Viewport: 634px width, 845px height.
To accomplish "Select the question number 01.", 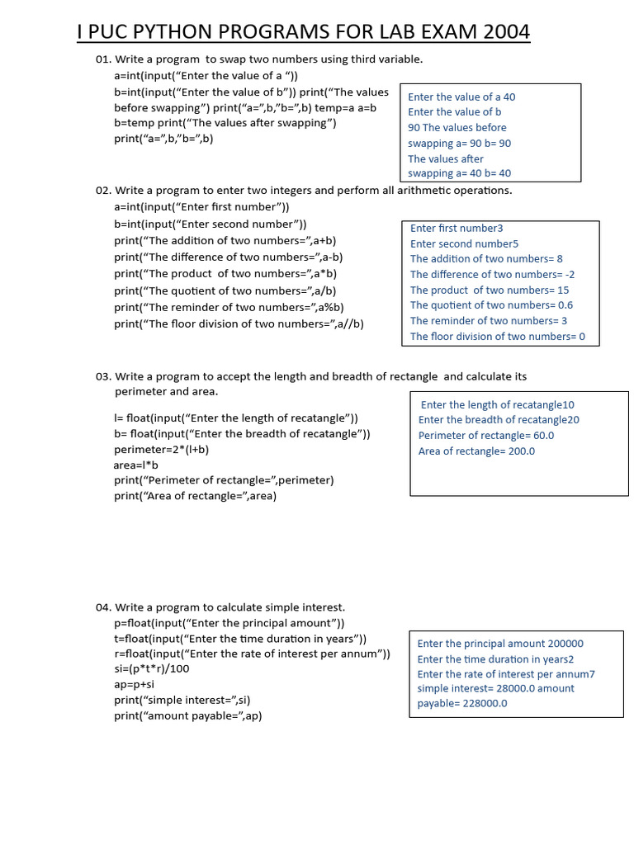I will pyautogui.click(x=103, y=59).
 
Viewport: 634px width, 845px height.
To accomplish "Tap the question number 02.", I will pyautogui.click(x=103, y=191).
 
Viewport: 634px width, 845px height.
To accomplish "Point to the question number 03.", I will pyautogui.click(x=103, y=376).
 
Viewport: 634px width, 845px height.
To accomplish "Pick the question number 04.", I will pyautogui.click(x=103, y=607).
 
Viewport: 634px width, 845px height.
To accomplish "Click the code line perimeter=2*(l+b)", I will pyautogui.click(x=162, y=449).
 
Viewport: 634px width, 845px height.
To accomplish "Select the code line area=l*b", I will pyautogui.click(x=135, y=465).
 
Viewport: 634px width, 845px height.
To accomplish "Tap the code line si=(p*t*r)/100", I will pyautogui.click(x=152, y=668).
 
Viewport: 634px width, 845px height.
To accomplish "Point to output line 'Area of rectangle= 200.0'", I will pyautogui.click(x=476, y=451).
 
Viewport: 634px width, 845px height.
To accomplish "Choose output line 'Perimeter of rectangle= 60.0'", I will pyautogui.click(x=486, y=435).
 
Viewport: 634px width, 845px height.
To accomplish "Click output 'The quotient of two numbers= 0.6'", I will pyautogui.click(x=491, y=305).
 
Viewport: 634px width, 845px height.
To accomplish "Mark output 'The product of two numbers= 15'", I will pyautogui.click(x=490, y=290).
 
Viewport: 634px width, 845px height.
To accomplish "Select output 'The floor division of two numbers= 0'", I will pyautogui.click(x=497, y=336).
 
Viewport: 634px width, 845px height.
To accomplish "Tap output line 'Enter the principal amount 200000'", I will pyautogui.click(x=500, y=644).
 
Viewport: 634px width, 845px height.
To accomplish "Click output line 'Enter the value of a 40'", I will pyautogui.click(x=461, y=97).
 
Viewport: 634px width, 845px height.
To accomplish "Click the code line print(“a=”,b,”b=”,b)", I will pyautogui.click(x=163, y=138).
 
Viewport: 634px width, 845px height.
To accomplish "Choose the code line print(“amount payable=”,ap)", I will pyautogui.click(x=188, y=715).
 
